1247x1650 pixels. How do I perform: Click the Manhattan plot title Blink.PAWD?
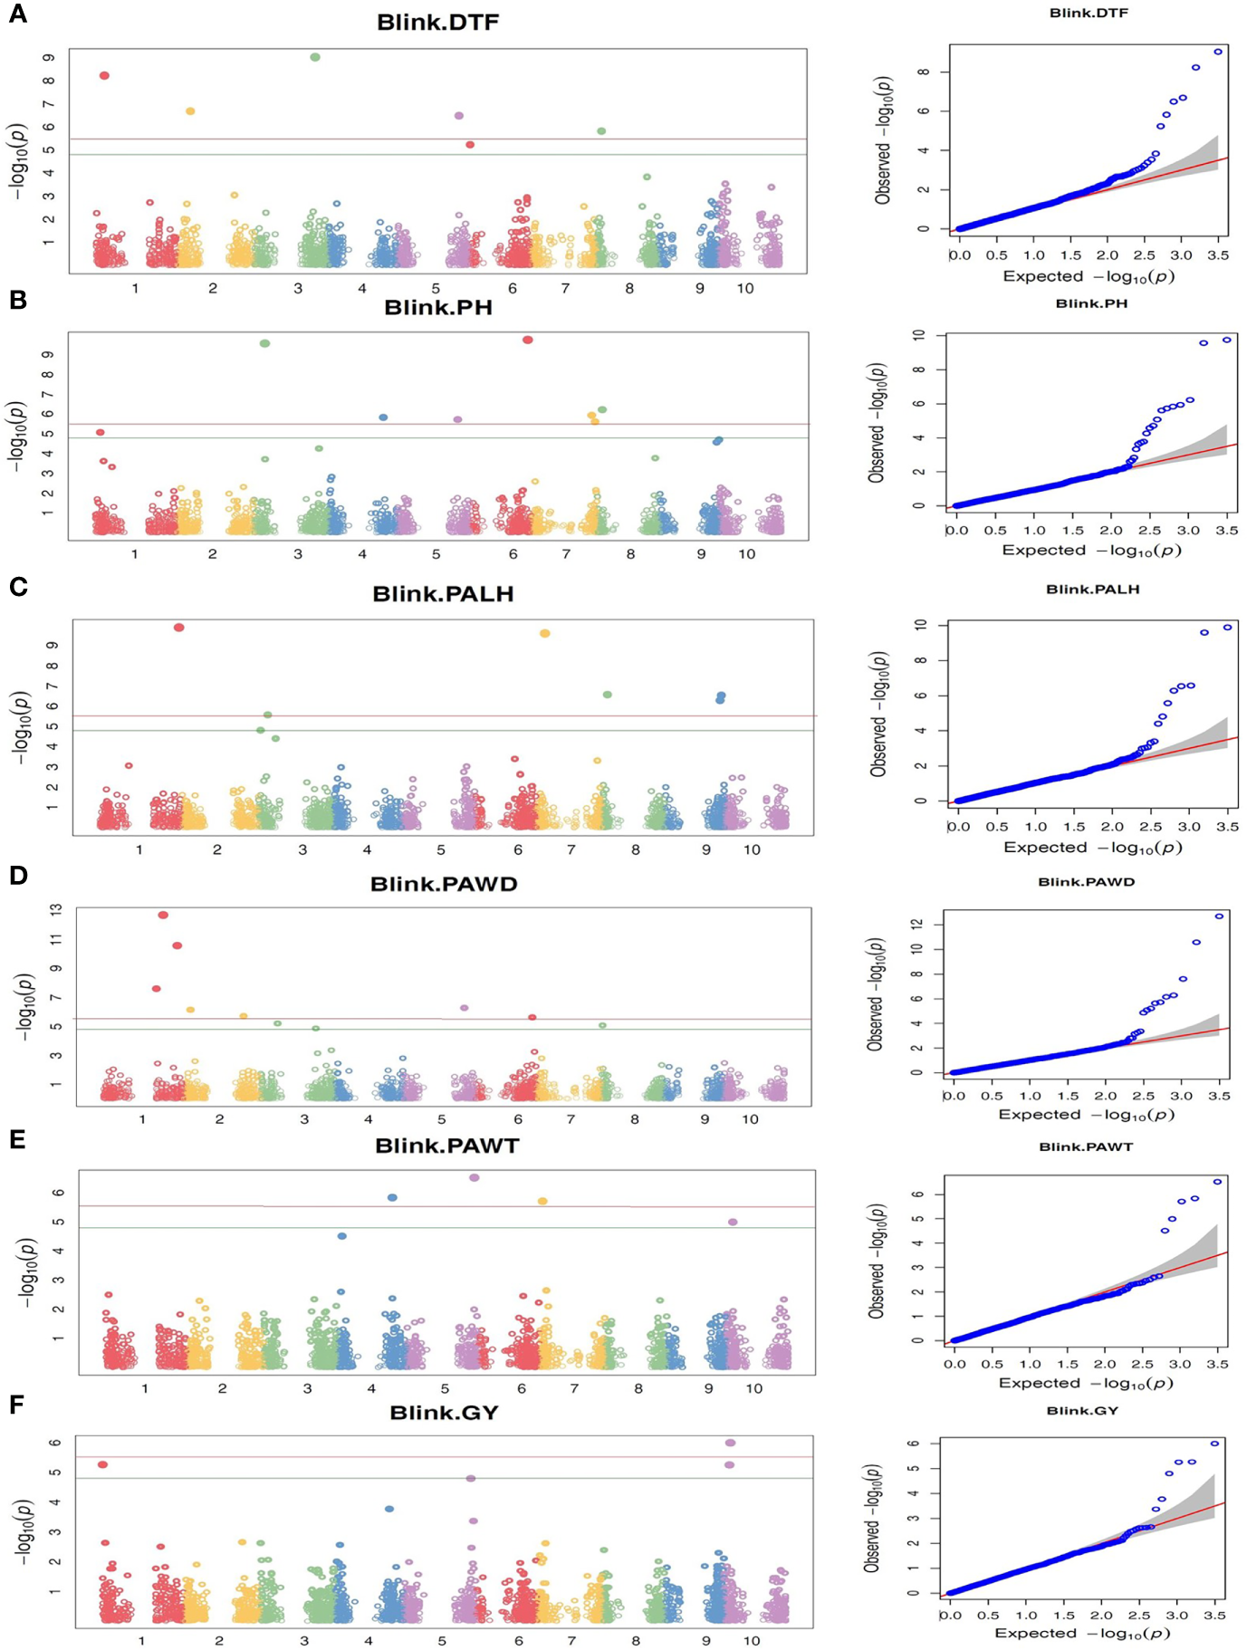pyautogui.click(x=444, y=884)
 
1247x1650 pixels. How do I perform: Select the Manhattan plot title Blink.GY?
pyautogui.click(x=444, y=1413)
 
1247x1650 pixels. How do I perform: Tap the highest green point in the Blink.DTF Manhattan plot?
pyautogui.click(x=315, y=57)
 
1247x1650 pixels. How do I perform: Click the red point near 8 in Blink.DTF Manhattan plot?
pyautogui.click(x=104, y=75)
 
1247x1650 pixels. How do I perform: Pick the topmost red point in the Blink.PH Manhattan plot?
pyautogui.click(x=527, y=340)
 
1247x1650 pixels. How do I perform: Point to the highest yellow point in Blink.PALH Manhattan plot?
pyautogui.click(x=544, y=633)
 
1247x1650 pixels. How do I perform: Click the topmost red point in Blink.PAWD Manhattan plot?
pyautogui.click(x=163, y=915)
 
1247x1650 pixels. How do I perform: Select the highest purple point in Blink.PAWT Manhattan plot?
pyautogui.click(x=474, y=1177)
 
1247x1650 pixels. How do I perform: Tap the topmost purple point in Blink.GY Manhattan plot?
pyautogui.click(x=730, y=1443)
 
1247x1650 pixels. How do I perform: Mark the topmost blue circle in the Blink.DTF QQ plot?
pyautogui.click(x=1218, y=52)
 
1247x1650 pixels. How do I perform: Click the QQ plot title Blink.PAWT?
pyautogui.click(x=1086, y=1146)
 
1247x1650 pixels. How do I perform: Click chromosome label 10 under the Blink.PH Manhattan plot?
pyautogui.click(x=745, y=553)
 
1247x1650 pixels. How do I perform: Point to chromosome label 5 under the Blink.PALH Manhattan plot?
pyautogui.click(x=441, y=849)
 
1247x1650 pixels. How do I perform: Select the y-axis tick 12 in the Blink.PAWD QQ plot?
pyautogui.click(x=925, y=924)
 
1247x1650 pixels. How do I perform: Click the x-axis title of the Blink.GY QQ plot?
pyautogui.click(x=1082, y=1633)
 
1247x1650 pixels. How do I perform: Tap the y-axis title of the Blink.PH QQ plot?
pyautogui.click(x=876, y=422)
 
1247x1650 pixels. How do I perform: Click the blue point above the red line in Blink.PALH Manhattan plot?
pyautogui.click(x=721, y=696)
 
